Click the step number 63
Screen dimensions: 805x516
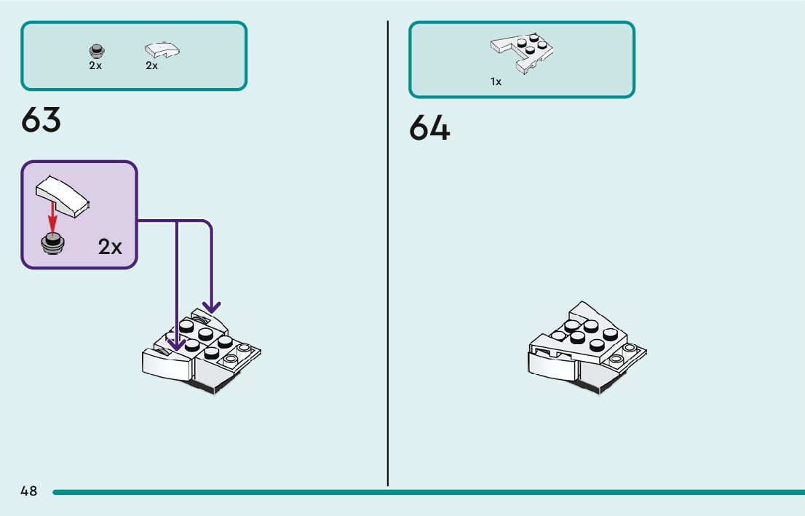(x=41, y=120)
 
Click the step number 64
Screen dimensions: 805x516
(x=429, y=128)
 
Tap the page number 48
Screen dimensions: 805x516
(x=29, y=491)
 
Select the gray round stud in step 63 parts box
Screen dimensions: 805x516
(x=95, y=51)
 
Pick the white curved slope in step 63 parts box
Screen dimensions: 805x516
(x=162, y=50)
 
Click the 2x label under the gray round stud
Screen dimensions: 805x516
(x=95, y=66)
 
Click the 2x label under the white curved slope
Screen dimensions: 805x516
(x=151, y=66)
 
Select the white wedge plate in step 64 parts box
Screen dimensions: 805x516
(x=522, y=51)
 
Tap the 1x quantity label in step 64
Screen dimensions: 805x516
(x=496, y=82)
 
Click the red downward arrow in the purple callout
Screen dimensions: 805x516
(x=52, y=218)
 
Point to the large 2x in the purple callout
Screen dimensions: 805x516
(x=110, y=247)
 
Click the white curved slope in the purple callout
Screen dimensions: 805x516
(x=63, y=194)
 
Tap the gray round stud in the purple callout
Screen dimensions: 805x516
(x=52, y=242)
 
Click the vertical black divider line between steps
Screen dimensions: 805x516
(x=388, y=255)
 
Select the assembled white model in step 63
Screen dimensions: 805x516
(x=200, y=349)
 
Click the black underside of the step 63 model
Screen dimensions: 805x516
(x=207, y=389)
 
